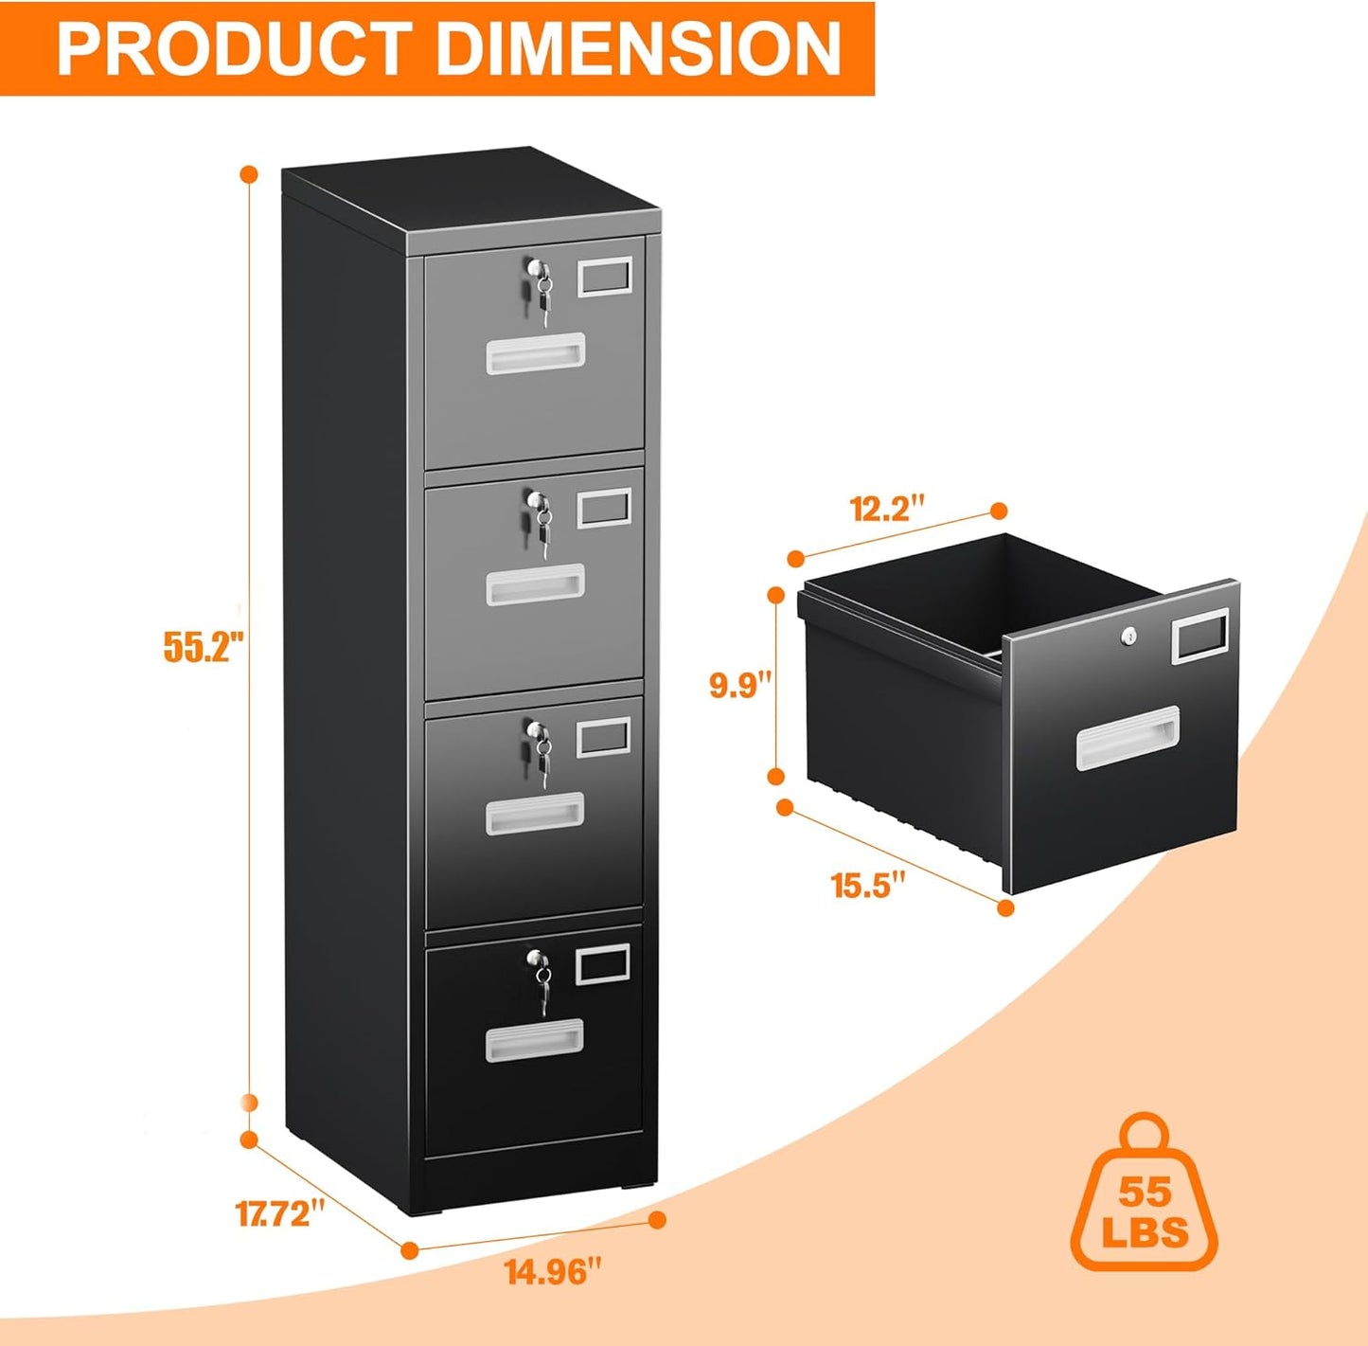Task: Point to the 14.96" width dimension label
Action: tap(554, 1271)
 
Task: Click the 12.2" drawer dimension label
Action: tap(886, 509)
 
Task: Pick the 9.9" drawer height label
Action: tap(741, 684)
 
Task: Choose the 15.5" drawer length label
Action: tap(868, 887)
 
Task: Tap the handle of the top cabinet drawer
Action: tap(535, 354)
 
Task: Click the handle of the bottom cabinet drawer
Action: tap(535, 1040)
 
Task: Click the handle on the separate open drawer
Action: tap(1128, 738)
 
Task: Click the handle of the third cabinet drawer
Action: tap(535, 813)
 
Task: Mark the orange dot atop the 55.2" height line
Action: tap(250, 174)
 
